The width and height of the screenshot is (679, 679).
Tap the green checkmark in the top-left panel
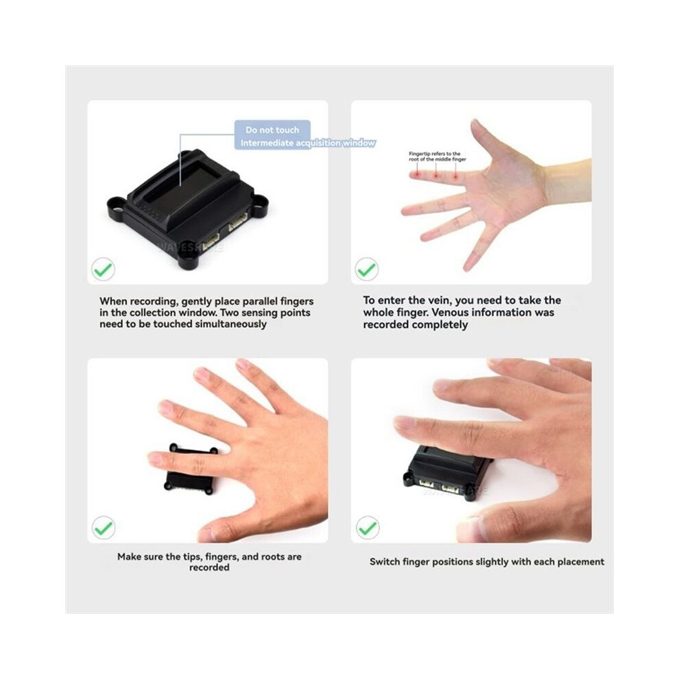pos(103,270)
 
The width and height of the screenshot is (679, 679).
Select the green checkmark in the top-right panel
pos(366,269)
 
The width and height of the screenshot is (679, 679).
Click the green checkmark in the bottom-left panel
pos(104,527)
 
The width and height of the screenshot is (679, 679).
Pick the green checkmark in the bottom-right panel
pos(368,527)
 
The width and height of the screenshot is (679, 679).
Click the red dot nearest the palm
pos(455,176)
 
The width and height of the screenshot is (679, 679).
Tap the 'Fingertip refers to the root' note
pos(438,156)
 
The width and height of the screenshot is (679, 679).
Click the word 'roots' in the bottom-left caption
pos(266,557)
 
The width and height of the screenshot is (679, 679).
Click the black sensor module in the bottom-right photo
pos(445,473)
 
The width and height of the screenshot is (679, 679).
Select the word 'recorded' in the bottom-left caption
pos(209,567)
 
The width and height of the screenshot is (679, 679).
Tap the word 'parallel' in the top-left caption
pos(260,301)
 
